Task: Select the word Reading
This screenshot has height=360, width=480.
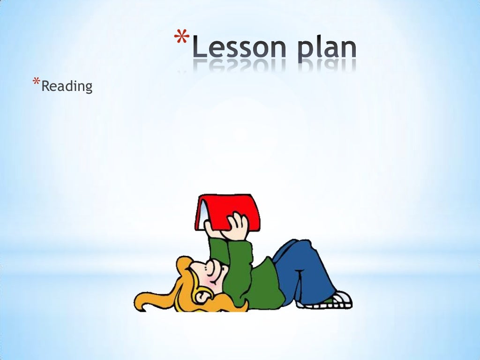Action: (67, 86)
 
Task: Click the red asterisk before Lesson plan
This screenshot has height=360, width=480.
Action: (182, 37)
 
